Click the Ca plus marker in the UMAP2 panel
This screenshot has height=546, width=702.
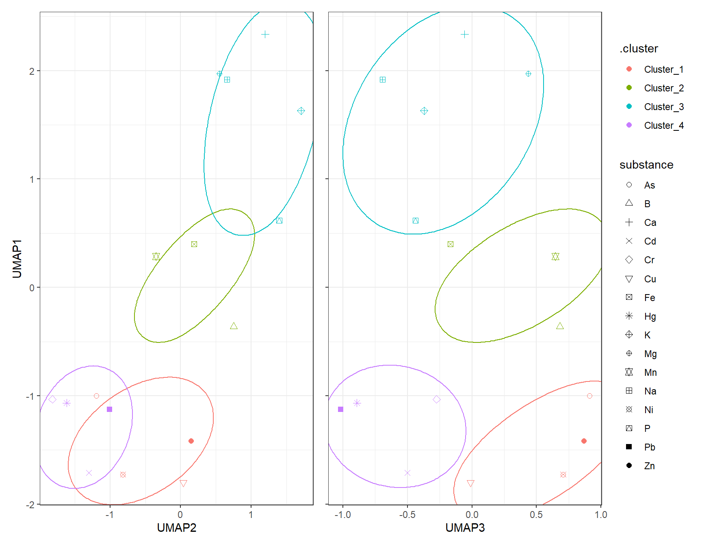coord(265,35)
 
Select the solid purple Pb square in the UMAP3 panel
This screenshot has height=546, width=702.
coord(340,409)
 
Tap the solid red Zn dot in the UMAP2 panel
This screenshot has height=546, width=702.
coord(191,441)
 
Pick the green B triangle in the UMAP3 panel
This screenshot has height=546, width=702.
coord(560,326)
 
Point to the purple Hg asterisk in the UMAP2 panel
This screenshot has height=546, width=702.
coord(67,403)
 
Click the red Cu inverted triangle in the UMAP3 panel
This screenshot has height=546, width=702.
coord(470,483)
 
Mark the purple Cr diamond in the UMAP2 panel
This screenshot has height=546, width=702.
coord(52,399)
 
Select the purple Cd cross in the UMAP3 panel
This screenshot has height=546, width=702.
coord(407,473)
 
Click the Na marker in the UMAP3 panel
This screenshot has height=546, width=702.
coord(383,80)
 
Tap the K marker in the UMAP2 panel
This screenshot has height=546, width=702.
coord(301,111)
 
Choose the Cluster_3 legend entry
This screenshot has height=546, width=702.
coord(663,107)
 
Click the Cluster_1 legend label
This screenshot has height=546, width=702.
coord(663,69)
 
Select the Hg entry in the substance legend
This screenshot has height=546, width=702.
coord(650,316)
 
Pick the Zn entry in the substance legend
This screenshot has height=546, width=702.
coord(649,466)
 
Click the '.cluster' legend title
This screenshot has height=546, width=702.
coord(638,48)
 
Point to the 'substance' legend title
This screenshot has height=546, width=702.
coord(646,165)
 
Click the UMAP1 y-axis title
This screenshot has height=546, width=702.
coord(17,259)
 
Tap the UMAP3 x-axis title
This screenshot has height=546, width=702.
coord(465,527)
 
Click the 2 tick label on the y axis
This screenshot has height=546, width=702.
coord(32,71)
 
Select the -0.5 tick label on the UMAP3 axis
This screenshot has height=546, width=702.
coord(407,515)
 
